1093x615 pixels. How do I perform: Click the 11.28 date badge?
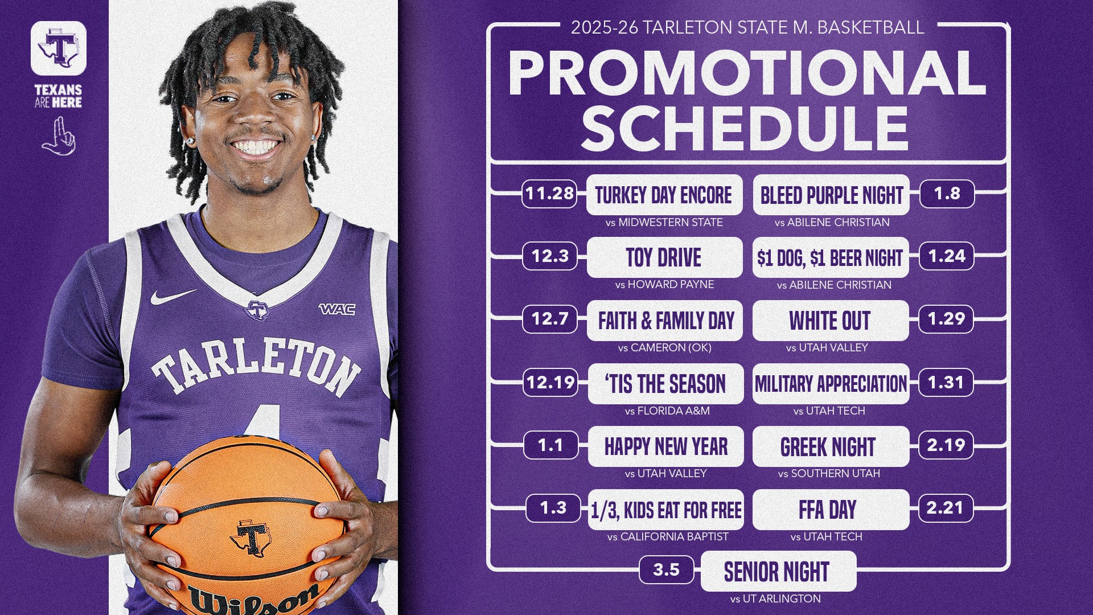pyautogui.click(x=549, y=194)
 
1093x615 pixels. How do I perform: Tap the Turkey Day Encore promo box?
pyautogui.click(x=664, y=195)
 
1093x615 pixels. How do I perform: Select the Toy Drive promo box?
pyautogui.click(x=664, y=258)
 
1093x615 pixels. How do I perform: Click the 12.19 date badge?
pyautogui.click(x=550, y=382)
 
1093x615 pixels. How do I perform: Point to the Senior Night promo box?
pyautogui.click(x=778, y=572)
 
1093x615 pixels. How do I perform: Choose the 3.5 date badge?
pyautogui.click(x=666, y=570)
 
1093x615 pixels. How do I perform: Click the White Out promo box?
pyautogui.click(x=830, y=321)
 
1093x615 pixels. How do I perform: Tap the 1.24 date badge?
pyautogui.click(x=947, y=256)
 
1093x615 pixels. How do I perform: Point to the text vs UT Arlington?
pyautogui.click(x=775, y=599)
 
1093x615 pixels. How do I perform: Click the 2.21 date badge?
pyautogui.click(x=945, y=507)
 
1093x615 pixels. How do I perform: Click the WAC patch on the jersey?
pyautogui.click(x=337, y=309)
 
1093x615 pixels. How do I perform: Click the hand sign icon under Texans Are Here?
pyautogui.click(x=59, y=137)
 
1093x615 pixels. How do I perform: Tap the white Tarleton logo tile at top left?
pyautogui.click(x=59, y=48)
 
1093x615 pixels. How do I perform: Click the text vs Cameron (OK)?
pyautogui.click(x=664, y=347)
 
